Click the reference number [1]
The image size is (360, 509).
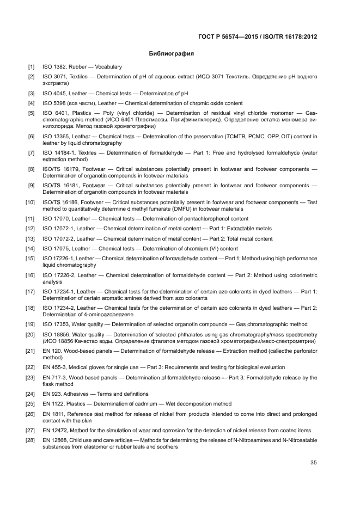pos(32,67)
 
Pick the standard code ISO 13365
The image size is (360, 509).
pos(56,136)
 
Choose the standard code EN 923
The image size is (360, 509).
pos(52,394)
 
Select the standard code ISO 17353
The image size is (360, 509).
pos(56,324)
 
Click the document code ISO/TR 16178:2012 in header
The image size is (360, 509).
pos(289,36)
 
